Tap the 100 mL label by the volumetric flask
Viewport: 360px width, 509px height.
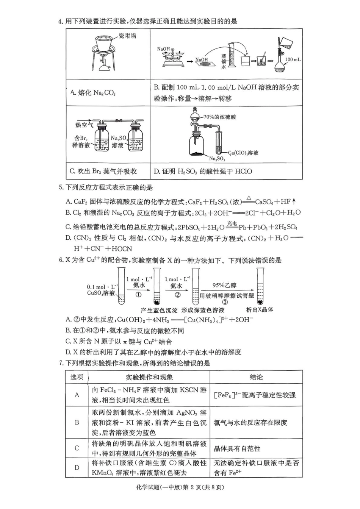(293, 59)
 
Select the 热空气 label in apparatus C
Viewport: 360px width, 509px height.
(84, 125)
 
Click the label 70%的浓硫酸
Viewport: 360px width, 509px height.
(219, 117)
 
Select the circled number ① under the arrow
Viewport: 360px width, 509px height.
(138, 295)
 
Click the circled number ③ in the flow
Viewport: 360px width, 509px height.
(225, 302)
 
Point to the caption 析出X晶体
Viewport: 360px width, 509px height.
(260, 309)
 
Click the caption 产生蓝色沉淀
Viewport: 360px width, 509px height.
(159, 310)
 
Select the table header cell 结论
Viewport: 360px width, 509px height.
(256, 377)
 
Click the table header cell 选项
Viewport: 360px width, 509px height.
(77, 377)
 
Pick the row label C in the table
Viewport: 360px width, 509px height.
(77, 448)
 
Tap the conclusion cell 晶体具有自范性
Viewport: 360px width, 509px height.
(237, 448)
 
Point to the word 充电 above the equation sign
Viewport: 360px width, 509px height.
(232, 223)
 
